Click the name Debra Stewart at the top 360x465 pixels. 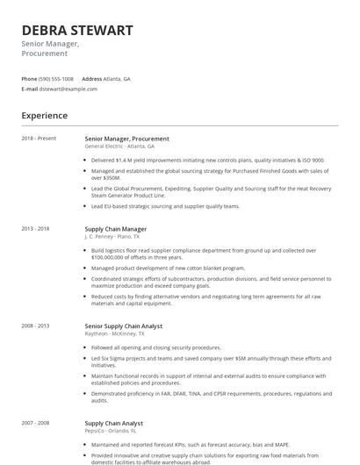[x=77, y=31]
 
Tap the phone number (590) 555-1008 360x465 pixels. [x=57, y=78]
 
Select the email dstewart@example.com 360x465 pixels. [x=68, y=89]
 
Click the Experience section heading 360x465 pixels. [x=44, y=115]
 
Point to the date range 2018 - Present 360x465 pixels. [x=39, y=139]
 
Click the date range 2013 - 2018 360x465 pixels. [x=36, y=228]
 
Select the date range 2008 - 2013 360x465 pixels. [x=36, y=325]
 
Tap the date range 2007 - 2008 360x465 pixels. [x=36, y=423]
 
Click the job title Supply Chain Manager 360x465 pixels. [x=115, y=228]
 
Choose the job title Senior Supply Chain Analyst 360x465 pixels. [x=123, y=325]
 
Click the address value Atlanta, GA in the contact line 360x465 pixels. [x=117, y=78]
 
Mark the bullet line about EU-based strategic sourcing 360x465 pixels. [x=165, y=206]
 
